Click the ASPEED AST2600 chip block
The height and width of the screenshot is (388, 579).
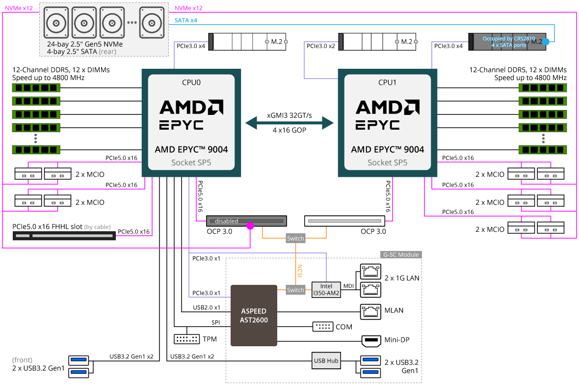tap(254, 315)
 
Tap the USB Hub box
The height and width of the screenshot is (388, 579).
tap(326, 360)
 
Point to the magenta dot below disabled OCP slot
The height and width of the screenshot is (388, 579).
tap(250, 226)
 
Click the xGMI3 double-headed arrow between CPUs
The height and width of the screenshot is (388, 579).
tap(289, 123)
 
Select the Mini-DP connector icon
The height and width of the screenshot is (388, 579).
tap(370, 340)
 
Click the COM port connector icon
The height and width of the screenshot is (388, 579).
tap(322, 327)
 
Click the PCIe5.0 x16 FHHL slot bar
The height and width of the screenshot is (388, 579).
tap(64, 236)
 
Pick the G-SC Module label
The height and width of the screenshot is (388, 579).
tap(401, 255)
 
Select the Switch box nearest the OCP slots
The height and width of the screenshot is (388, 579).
tap(295, 239)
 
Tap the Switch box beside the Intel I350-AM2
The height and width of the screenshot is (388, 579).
tap(295, 290)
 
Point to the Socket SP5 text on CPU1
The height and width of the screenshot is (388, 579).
tap(387, 163)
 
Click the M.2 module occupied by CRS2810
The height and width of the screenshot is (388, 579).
tap(508, 42)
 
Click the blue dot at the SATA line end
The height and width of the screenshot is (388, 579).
tap(553, 42)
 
